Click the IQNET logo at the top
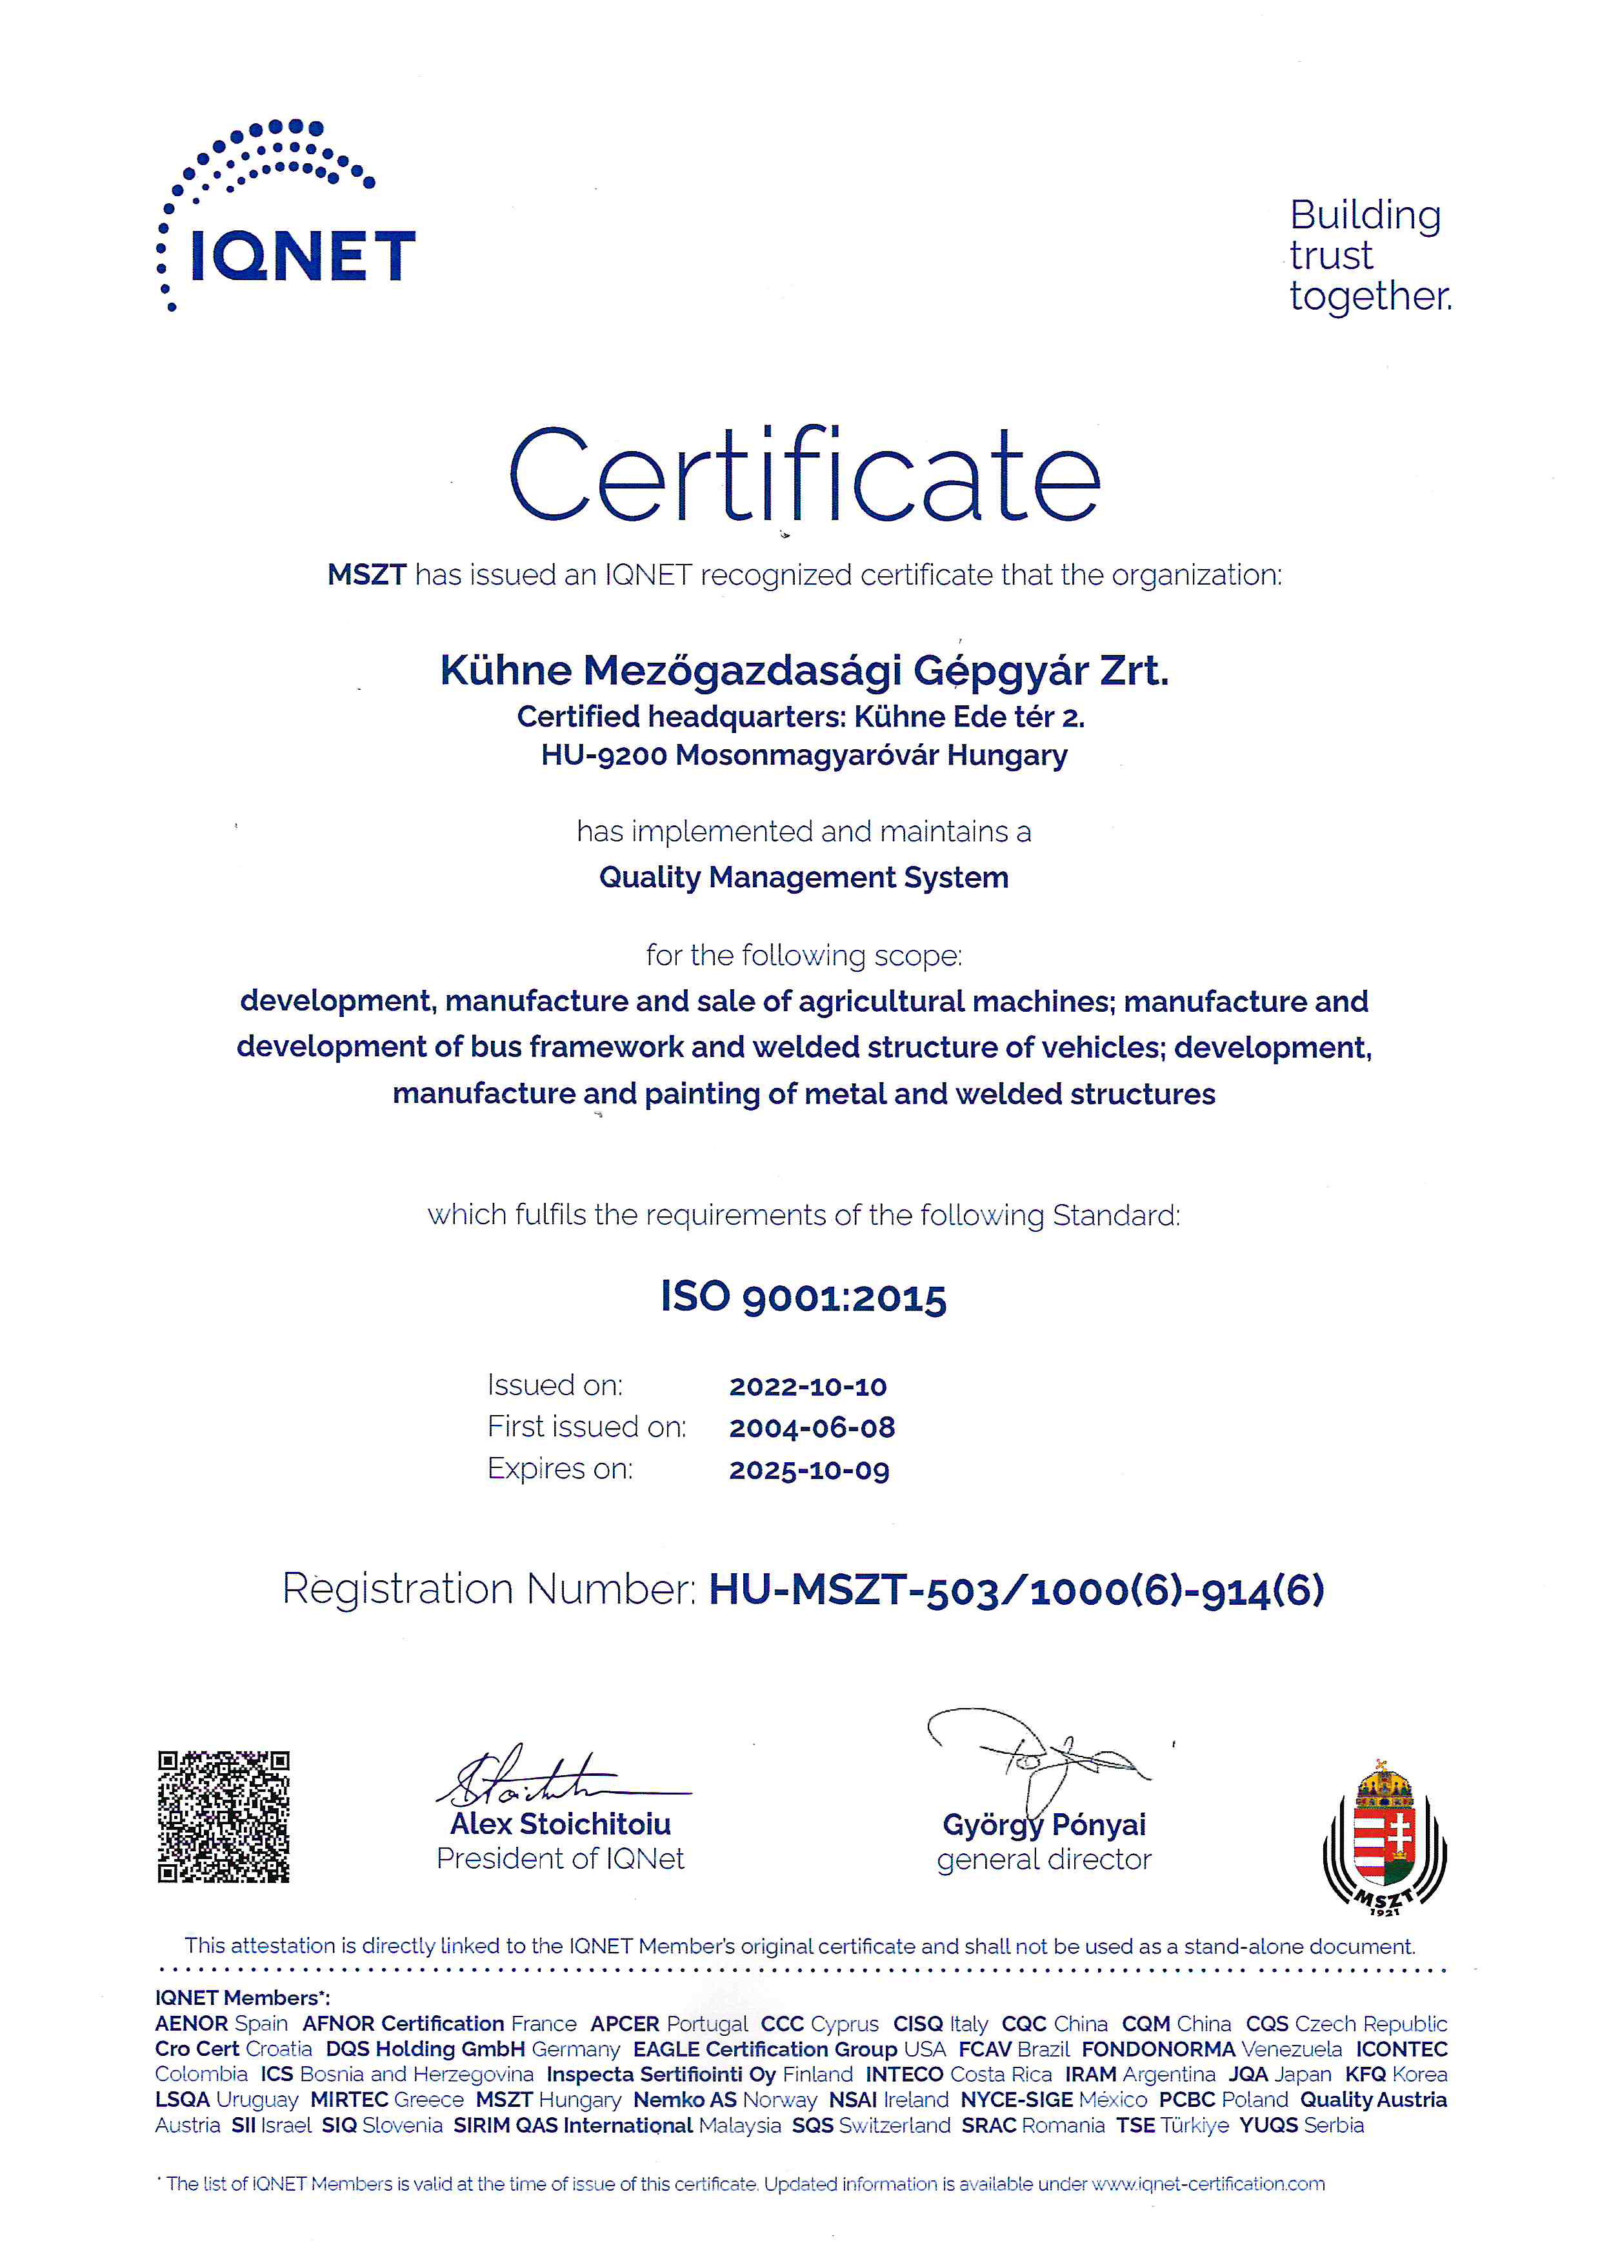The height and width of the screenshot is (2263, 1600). click(286, 217)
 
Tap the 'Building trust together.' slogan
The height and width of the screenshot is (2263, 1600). click(1370, 256)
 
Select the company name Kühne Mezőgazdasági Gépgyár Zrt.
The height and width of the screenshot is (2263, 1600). click(804, 671)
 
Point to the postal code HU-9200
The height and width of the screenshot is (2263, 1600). click(603, 756)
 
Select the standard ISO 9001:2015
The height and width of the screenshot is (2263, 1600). click(804, 1297)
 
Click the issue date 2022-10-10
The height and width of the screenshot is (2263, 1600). click(808, 1387)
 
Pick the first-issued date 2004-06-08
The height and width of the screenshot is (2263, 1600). click(812, 1427)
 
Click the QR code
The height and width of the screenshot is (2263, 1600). click(224, 1816)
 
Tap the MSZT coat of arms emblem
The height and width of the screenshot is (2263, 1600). click(1385, 1835)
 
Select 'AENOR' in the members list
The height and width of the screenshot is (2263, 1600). click(191, 2024)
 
